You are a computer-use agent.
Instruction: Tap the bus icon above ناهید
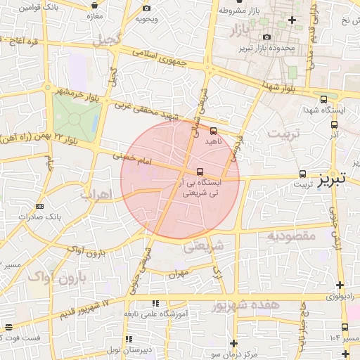tap(214, 131)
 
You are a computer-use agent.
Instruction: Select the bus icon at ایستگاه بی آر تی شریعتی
tap(200, 172)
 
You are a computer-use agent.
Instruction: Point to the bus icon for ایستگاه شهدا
tap(323, 99)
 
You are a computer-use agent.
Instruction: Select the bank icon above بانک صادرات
tap(39, 206)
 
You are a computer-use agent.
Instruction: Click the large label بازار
tap(239, 30)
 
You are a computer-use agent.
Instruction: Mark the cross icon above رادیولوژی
tap(340, 285)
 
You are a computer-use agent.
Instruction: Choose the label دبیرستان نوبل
tap(124, 349)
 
